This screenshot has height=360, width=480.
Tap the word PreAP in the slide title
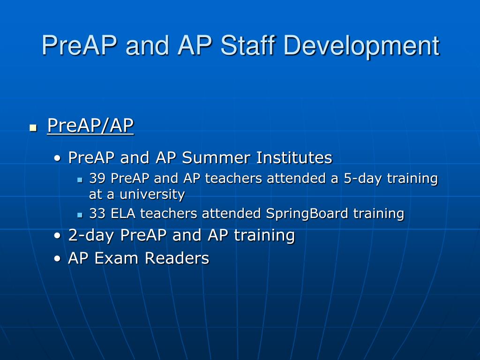(x=79, y=45)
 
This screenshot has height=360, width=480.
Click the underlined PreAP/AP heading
(x=90, y=125)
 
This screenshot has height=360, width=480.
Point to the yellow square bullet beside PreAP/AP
(x=33, y=127)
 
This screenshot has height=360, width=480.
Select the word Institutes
(x=294, y=157)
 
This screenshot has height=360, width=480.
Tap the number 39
(x=97, y=178)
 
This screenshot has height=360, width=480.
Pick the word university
(x=152, y=195)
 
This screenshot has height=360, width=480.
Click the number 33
(x=97, y=213)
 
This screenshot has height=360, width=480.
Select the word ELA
(x=123, y=213)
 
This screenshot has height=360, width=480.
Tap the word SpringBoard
(x=307, y=214)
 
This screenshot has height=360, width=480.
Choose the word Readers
(x=177, y=258)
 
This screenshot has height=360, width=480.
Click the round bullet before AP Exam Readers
(x=57, y=259)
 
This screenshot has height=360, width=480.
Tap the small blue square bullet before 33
(x=80, y=215)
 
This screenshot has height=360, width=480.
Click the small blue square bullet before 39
(x=80, y=180)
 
